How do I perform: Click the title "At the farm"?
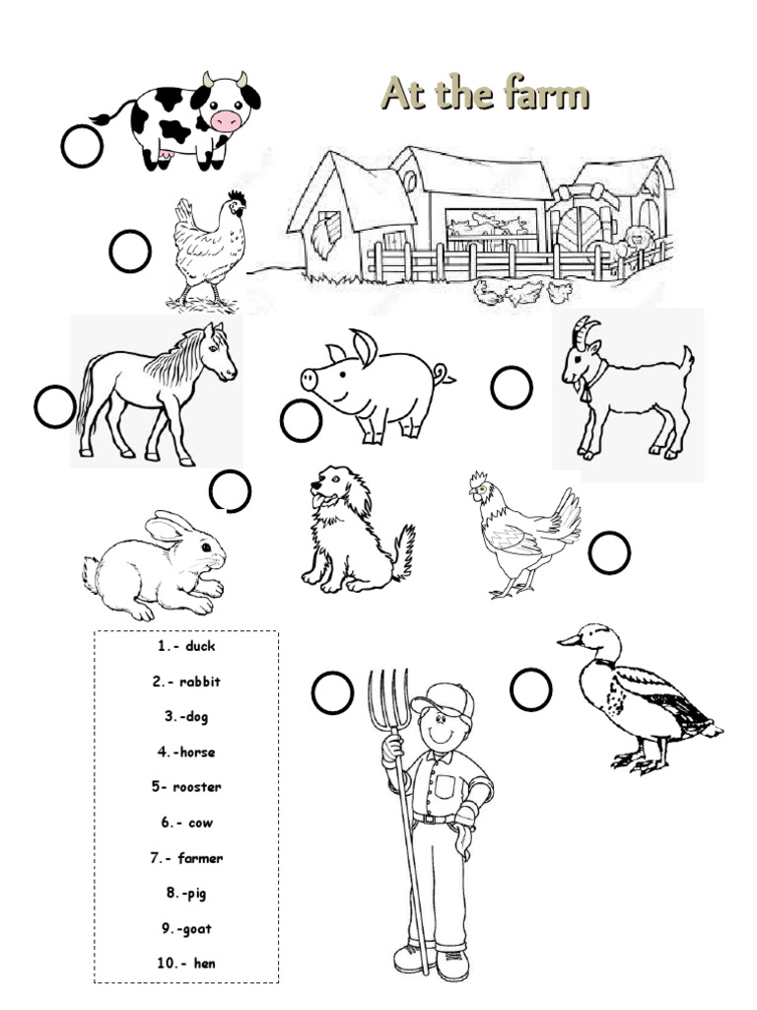point(484,95)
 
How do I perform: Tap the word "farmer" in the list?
point(200,858)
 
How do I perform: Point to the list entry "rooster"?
point(197,787)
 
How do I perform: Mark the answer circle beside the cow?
point(81,147)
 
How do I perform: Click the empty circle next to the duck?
point(530,688)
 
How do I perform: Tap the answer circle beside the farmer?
point(332,692)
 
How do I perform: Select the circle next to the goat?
point(512,388)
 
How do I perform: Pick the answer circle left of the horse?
point(54,407)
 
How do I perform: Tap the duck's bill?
point(570,641)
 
